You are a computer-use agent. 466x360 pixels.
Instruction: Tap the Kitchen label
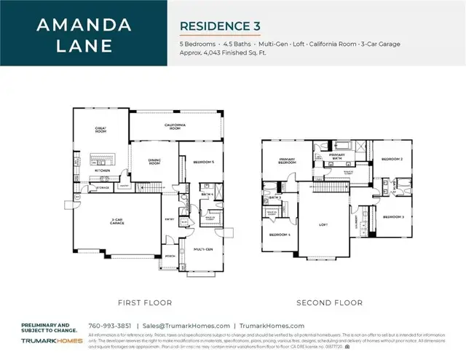[x=102, y=171]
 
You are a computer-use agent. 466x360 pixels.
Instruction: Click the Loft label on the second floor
[x=323, y=224]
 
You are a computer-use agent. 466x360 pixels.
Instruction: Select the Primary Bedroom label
[x=287, y=162]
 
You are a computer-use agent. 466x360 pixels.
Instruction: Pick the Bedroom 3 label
[x=393, y=216]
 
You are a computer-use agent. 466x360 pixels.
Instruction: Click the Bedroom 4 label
[x=280, y=234]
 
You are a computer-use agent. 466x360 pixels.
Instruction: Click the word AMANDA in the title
[x=84, y=24]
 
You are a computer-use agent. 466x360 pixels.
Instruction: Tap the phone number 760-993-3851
[x=109, y=326]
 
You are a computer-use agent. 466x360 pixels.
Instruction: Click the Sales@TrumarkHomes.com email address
[x=186, y=326]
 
